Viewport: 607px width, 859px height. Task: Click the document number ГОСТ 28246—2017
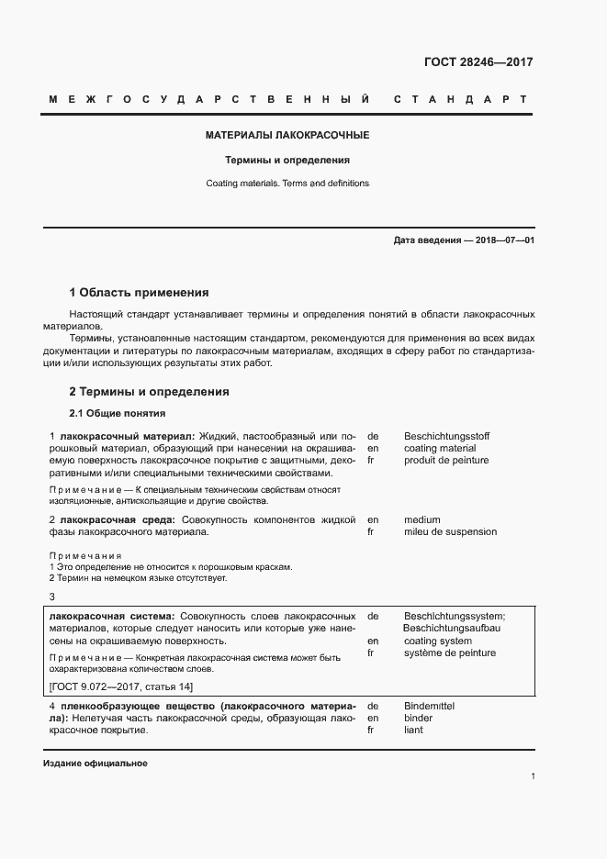click(x=478, y=62)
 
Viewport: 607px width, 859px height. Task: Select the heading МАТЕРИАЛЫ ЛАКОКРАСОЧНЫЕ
click(x=287, y=135)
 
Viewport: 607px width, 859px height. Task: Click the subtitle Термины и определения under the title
click(x=287, y=160)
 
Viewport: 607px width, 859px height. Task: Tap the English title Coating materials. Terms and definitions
click(x=287, y=184)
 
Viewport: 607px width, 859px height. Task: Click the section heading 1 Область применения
click(x=139, y=293)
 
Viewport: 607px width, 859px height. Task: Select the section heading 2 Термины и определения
click(x=149, y=392)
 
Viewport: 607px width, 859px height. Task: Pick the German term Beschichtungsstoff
click(x=446, y=435)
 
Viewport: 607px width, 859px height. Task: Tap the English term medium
click(x=422, y=519)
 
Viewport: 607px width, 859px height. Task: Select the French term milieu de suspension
click(x=450, y=531)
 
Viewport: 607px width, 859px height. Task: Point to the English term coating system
click(x=437, y=641)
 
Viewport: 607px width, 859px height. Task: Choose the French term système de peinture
click(x=449, y=653)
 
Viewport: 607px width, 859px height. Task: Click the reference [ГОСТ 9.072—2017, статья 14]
click(x=120, y=686)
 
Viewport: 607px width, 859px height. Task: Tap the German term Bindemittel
click(x=429, y=706)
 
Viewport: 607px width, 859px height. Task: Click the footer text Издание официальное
click(x=95, y=764)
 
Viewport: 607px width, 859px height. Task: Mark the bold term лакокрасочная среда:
click(x=116, y=519)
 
